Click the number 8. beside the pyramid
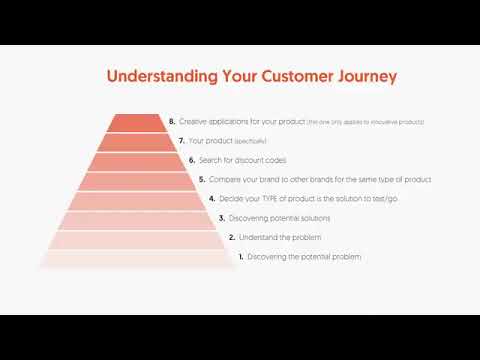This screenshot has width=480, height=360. point(172,121)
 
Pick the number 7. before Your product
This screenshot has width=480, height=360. point(181,140)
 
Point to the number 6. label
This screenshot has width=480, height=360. point(191,160)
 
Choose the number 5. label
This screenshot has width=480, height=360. point(201,179)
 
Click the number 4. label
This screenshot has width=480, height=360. point(211,199)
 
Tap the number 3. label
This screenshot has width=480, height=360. point(221,218)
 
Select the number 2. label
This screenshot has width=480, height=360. point(231,238)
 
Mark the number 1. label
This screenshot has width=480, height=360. point(241,257)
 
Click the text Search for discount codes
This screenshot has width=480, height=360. point(239,160)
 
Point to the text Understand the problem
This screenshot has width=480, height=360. point(272,238)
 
